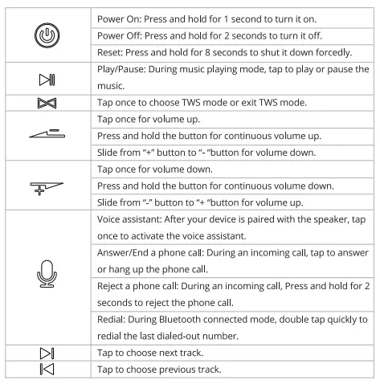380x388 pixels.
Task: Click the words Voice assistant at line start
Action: (129, 219)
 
